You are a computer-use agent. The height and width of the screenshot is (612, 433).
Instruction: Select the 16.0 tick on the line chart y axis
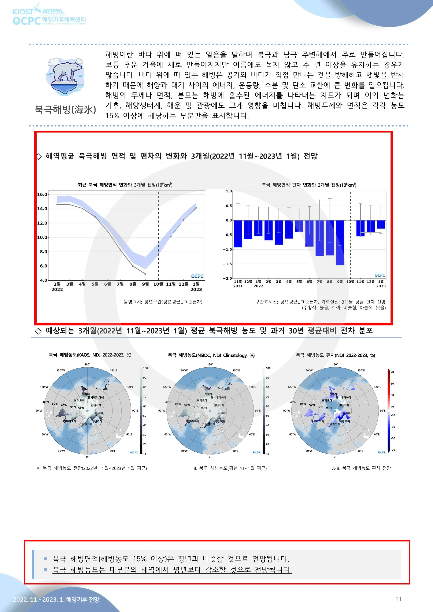pyautogui.click(x=42, y=194)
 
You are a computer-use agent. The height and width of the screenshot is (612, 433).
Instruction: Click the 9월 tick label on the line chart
pyautogui.click(x=145, y=284)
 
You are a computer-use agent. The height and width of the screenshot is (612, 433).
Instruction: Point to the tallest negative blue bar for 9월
pyautogui.click(x=340, y=242)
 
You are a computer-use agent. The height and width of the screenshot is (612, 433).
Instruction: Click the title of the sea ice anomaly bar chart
pyautogui.click(x=309, y=185)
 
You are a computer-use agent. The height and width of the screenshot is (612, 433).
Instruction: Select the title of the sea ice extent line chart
pyautogui.click(x=125, y=185)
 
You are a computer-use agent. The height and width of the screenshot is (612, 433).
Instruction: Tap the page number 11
pyautogui.click(x=399, y=599)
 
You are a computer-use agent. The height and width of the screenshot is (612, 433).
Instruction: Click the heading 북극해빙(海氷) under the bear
pyautogui.click(x=66, y=110)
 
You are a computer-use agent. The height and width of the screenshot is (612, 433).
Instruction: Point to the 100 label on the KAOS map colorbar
pyautogui.click(x=145, y=368)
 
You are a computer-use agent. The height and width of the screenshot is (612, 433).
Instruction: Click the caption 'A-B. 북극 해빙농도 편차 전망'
pyautogui.click(x=361, y=468)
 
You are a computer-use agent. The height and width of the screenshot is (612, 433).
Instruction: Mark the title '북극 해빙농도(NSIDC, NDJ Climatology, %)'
pyautogui.click(x=211, y=355)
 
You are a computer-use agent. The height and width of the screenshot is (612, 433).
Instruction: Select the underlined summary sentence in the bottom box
pyautogui.click(x=172, y=570)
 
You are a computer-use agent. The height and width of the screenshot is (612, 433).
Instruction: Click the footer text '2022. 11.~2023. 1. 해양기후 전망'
pyautogui.click(x=56, y=600)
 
